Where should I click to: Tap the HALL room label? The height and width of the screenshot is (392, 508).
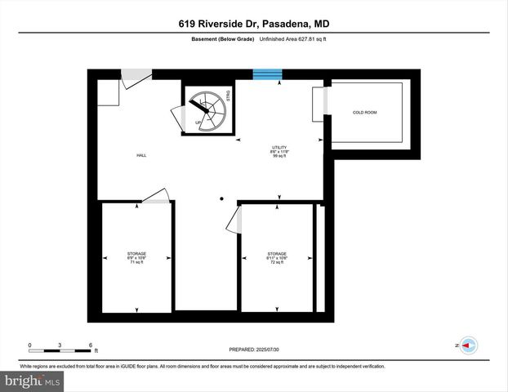pos(141,155)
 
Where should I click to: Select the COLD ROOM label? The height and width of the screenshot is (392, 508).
pos(364,112)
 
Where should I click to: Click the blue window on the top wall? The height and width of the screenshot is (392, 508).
pos(267,75)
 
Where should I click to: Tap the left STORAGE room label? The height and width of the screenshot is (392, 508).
pos(136,254)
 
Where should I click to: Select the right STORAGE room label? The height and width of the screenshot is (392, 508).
pos(277,254)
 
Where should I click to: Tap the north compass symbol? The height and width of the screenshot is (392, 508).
pos(468,345)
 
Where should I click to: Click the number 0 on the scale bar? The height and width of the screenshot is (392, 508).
pos(30,345)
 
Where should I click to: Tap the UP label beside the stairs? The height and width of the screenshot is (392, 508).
pos(198,123)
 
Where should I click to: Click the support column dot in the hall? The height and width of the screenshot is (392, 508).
pos(221,198)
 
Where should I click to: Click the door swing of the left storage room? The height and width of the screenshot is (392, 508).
pos(156,196)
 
